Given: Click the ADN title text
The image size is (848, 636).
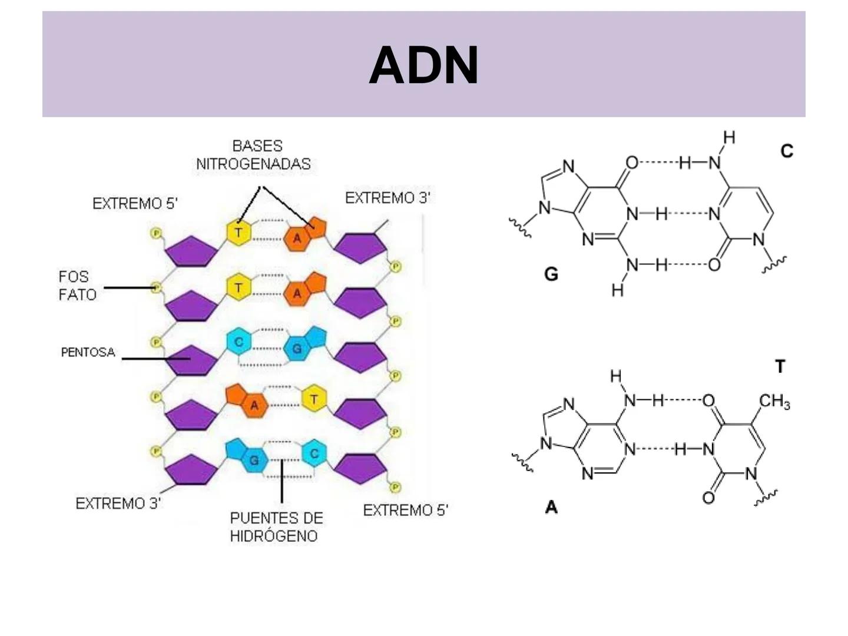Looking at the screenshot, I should (x=423, y=65).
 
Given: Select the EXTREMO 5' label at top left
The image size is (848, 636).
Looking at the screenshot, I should (x=135, y=204).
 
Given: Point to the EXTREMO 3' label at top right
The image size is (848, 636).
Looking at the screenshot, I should (x=387, y=198).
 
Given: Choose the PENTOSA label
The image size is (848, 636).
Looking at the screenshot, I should (x=88, y=353).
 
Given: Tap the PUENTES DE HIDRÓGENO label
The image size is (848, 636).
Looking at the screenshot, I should (x=276, y=527).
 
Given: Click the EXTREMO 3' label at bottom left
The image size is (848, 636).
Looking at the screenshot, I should (x=118, y=503).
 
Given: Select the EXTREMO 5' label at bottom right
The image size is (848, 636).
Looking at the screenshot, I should (x=406, y=511).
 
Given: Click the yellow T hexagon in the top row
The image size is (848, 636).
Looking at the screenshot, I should (x=238, y=232).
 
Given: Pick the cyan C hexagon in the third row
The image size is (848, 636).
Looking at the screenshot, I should (x=238, y=342).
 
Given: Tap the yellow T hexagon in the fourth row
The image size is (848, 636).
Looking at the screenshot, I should (x=314, y=399).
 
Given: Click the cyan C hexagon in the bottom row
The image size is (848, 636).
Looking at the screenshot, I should (x=314, y=453).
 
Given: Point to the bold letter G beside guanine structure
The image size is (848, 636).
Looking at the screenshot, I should (x=551, y=274).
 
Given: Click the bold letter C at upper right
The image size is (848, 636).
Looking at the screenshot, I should (x=787, y=151).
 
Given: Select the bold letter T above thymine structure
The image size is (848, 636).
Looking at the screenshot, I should (x=780, y=366).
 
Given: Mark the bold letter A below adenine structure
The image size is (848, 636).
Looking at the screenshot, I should (x=551, y=507).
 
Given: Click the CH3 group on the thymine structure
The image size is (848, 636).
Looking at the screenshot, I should (x=774, y=402).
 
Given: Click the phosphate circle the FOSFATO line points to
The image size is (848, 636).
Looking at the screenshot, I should (x=156, y=288).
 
